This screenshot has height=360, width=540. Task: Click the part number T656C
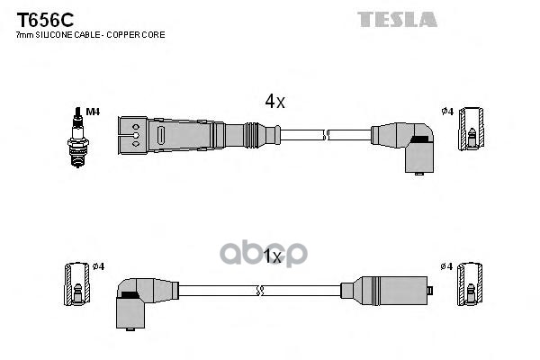tap(45, 21)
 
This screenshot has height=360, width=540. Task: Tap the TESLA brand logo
tap(397, 19)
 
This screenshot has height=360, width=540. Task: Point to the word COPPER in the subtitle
tap(119, 35)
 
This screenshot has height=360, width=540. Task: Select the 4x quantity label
tap(274, 102)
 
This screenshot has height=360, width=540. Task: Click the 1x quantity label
tap(272, 256)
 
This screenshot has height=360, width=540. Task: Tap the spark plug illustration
tap(78, 137)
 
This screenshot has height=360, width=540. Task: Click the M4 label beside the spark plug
tap(93, 112)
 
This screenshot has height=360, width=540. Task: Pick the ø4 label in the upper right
tap(447, 112)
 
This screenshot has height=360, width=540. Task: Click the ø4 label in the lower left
tap(98, 266)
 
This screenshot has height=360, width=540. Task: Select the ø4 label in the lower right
tap(446, 266)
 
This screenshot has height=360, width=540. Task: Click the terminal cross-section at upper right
tap(471, 129)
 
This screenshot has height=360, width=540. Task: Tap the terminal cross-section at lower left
tap(77, 284)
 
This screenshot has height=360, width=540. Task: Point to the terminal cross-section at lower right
tap(470, 284)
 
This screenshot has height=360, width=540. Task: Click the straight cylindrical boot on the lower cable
tap(386, 291)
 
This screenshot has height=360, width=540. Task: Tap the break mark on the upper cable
tap(326, 135)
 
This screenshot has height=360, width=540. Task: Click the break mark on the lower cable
tap(260, 291)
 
